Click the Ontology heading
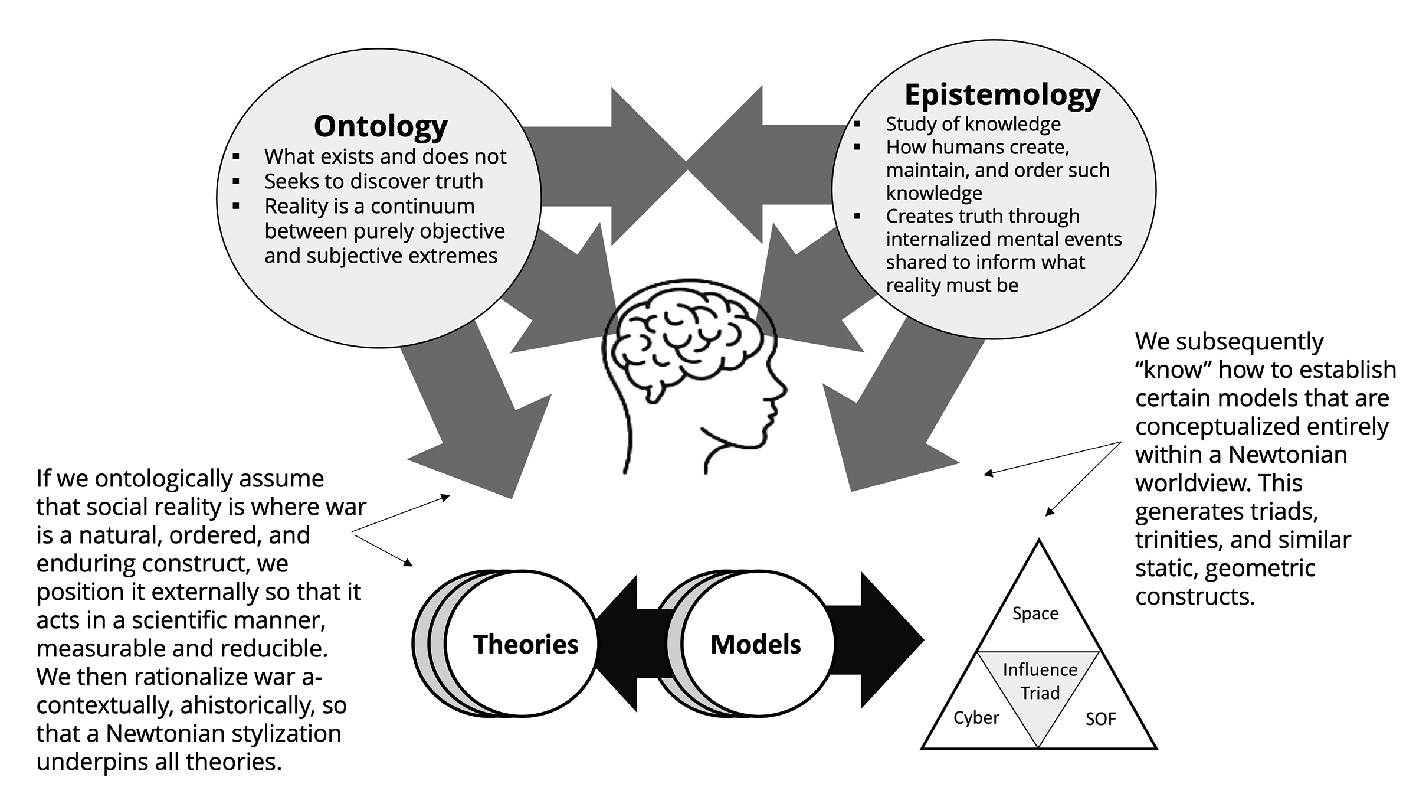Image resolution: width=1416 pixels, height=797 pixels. [381, 126]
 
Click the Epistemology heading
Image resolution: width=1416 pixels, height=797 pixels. [1002, 95]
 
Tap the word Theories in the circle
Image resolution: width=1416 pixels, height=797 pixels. [526, 644]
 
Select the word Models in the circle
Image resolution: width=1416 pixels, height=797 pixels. [756, 644]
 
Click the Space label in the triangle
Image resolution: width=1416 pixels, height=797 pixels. [1035, 613]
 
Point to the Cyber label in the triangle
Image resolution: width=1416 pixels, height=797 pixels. [976, 718]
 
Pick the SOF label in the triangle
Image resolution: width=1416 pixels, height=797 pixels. [1100, 719]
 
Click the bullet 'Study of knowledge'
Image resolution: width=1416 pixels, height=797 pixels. [973, 124]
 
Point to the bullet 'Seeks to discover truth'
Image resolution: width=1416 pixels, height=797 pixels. [373, 181]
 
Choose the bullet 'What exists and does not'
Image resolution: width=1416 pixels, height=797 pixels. [385, 156]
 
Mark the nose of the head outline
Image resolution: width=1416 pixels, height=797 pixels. [782, 390]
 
